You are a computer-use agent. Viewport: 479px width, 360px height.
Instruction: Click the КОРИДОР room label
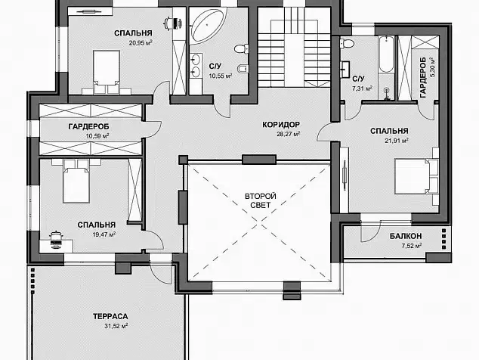281,125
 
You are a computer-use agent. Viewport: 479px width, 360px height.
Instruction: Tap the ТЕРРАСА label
110,316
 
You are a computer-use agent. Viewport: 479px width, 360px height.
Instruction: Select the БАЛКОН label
406,236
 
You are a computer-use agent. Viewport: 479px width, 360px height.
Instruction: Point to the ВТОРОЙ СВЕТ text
261,200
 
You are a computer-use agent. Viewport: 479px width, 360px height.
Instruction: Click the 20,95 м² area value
141,42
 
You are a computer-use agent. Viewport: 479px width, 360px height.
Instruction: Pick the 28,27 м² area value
289,134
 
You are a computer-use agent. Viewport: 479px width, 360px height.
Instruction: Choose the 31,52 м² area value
116,326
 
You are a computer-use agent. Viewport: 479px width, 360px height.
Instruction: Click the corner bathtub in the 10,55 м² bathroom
208,26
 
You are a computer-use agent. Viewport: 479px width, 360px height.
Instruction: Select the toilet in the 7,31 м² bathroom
347,42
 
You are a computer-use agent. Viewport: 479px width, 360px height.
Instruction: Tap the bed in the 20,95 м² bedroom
106,72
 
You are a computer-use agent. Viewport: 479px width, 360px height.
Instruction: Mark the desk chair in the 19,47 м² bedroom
56,238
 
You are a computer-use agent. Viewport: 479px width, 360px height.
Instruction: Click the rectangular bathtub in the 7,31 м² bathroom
386,54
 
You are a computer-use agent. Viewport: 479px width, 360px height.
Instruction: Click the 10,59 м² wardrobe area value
97,136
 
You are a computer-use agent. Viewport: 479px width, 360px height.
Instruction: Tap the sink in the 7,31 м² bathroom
345,70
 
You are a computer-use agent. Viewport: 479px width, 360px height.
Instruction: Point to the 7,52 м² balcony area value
412,246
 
